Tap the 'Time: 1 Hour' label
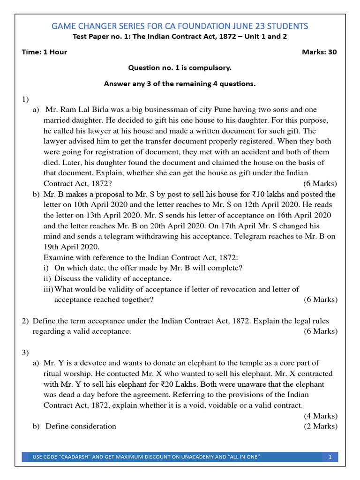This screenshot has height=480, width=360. click(44, 52)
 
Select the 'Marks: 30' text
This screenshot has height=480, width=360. click(319, 52)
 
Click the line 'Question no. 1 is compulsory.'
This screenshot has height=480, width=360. click(180, 68)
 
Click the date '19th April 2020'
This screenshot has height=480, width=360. click(71, 247)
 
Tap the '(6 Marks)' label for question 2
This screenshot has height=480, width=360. click(320, 331)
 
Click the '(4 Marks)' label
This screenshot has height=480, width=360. click(320, 416)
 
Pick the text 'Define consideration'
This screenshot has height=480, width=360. click(81, 426)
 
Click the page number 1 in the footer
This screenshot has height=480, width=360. click(330, 457)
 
